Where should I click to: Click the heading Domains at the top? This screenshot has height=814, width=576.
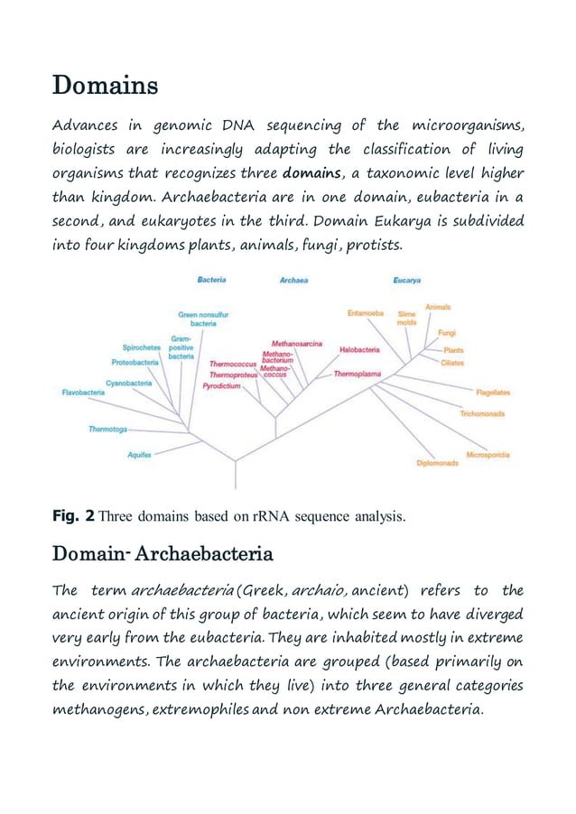[x=106, y=87]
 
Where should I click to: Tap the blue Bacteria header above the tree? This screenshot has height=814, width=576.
[x=211, y=281]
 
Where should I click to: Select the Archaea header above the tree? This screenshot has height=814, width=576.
[x=293, y=281]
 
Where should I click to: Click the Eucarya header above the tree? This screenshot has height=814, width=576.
[x=407, y=281]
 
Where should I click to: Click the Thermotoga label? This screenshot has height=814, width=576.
[x=107, y=429]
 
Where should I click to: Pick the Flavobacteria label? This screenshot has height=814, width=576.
[x=82, y=393]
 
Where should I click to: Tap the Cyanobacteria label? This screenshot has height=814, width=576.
[x=128, y=383]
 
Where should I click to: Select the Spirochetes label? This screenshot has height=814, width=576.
[x=141, y=347]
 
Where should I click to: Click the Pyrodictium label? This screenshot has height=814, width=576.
[x=221, y=384]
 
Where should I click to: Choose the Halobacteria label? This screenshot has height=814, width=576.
[x=359, y=349]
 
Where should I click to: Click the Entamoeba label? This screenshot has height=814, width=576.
[x=366, y=313]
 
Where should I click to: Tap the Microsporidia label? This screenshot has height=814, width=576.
[x=489, y=453]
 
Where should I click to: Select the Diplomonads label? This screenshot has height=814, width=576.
[x=437, y=463]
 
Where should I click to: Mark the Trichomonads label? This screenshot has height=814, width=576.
[x=482, y=413]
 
